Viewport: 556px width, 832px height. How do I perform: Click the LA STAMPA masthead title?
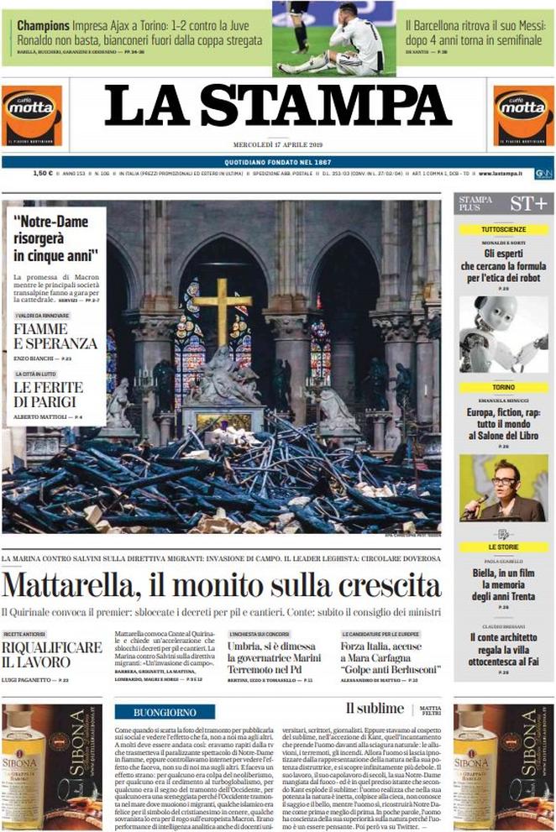point(277,106)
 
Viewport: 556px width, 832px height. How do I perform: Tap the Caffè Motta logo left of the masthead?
point(31,115)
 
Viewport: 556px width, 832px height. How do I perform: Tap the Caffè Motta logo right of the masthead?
point(523,115)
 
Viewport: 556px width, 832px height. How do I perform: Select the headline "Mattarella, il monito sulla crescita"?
point(221,584)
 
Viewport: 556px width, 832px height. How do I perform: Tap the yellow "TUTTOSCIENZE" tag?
point(504,228)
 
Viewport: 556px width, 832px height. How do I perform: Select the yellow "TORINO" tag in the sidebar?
point(504,388)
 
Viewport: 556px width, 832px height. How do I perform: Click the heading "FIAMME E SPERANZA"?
point(55,336)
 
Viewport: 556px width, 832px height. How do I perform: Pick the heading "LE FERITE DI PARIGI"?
point(48,394)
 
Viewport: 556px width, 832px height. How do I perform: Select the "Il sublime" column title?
point(375,709)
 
